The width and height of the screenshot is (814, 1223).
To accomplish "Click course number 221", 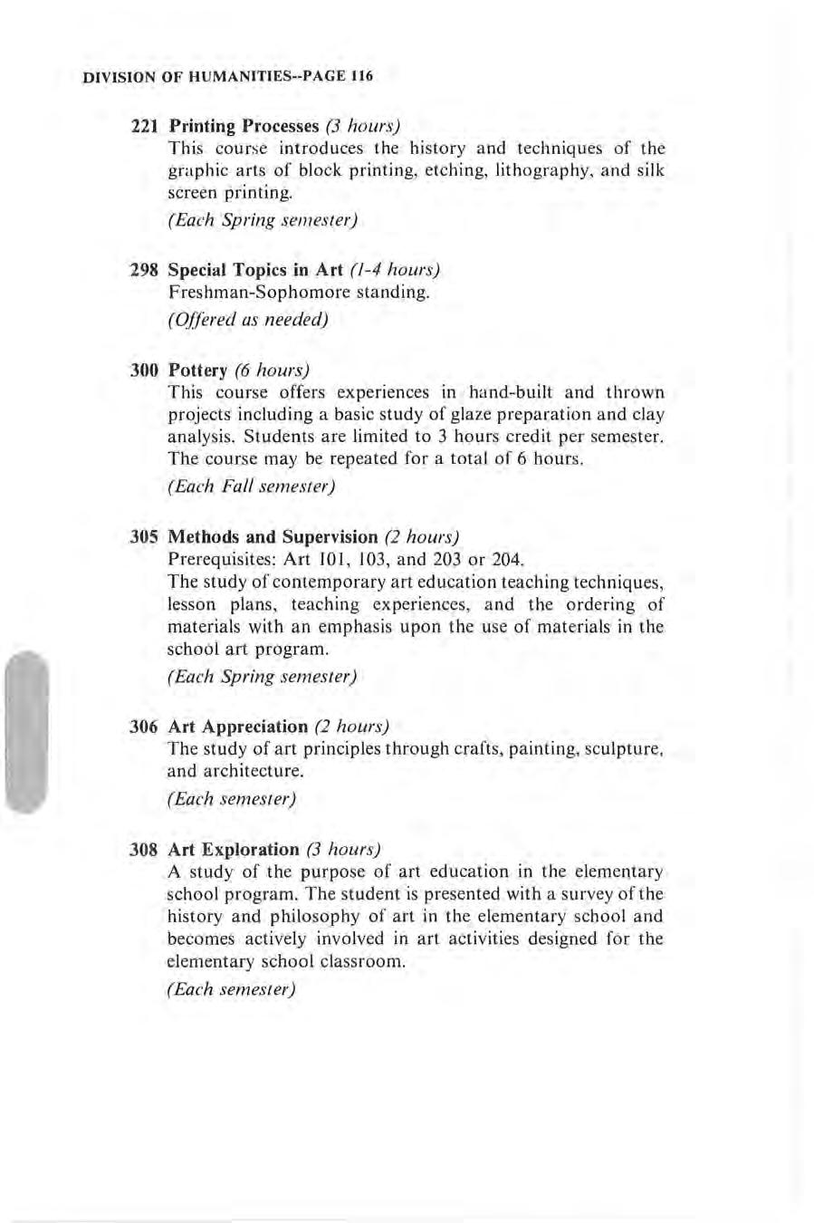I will (146, 126).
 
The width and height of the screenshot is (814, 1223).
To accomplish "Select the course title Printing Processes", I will (244, 126).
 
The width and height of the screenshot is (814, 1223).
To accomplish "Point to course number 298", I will (146, 270).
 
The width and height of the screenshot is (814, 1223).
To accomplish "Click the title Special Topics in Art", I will (256, 270).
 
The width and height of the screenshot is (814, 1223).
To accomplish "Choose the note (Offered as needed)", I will (248, 320).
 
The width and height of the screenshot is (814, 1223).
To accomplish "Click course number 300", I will (146, 371).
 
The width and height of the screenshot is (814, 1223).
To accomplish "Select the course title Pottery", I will (197, 371).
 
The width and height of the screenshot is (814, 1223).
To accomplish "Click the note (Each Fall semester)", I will (252, 486).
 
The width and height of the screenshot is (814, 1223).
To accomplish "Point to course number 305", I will (146, 537).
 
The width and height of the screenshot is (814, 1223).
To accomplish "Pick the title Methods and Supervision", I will (273, 537).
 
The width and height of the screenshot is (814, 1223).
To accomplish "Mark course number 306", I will (146, 727).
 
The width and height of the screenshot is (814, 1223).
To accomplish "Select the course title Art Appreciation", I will (238, 727).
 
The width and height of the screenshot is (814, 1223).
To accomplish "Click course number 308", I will (146, 850).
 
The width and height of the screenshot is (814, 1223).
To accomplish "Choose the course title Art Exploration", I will (234, 850).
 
